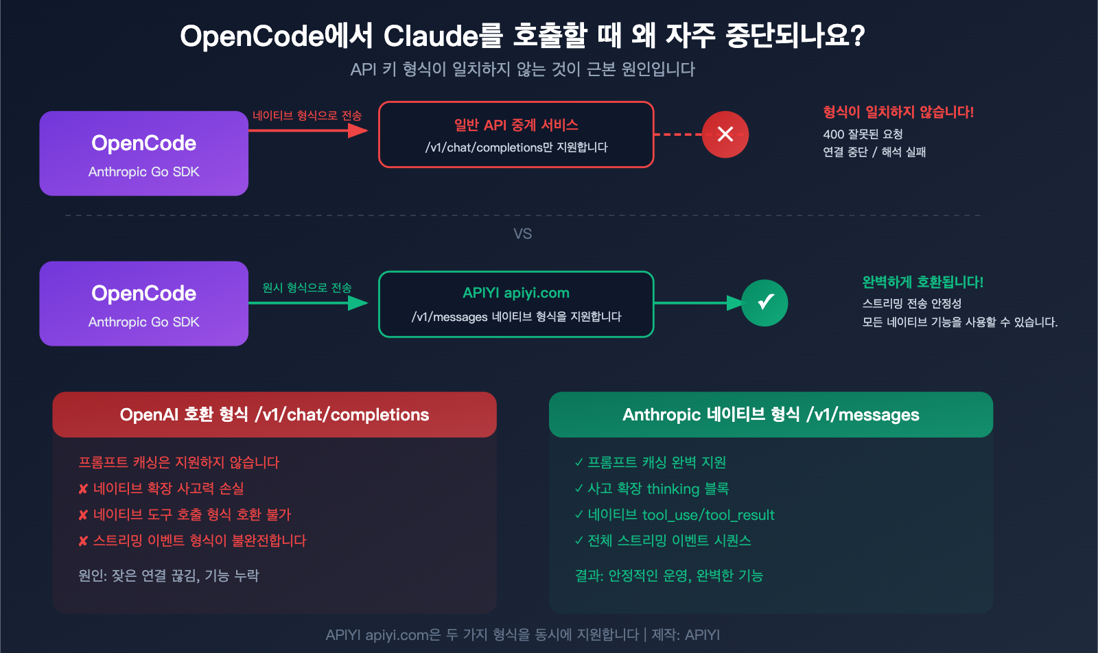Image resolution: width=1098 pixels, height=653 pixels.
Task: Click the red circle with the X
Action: pyautogui.click(x=725, y=134)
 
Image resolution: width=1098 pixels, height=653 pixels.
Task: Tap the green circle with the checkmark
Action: pyautogui.click(x=764, y=302)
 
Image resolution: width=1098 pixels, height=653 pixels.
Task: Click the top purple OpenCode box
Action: pyautogui.click(x=143, y=154)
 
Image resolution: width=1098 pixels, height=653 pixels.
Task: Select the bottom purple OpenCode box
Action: pyautogui.click(x=143, y=304)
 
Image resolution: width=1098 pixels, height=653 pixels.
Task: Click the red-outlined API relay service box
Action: pyautogui.click(x=516, y=134)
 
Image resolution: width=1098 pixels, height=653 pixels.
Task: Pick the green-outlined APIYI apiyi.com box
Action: pyautogui.click(x=516, y=304)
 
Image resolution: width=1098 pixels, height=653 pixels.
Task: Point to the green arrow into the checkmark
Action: pyautogui.click(x=697, y=302)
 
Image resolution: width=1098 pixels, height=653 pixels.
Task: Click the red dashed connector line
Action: pyautogui.click(x=677, y=134)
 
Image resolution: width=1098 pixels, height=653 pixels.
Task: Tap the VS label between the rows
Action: pyautogui.click(x=522, y=234)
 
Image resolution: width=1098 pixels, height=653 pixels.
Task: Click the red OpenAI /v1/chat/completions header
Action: pyautogui.click(x=274, y=414)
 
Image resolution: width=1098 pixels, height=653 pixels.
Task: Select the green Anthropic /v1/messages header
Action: pyautogui.click(x=771, y=414)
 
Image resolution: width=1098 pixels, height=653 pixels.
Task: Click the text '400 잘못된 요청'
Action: pyautogui.click(x=863, y=134)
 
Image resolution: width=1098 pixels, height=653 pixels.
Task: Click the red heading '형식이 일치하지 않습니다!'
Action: pyautogui.click(x=898, y=112)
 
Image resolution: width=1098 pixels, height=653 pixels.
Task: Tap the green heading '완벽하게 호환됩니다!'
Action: pyautogui.click(x=922, y=282)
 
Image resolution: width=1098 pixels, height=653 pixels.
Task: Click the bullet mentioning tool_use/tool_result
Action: pyautogui.click(x=680, y=515)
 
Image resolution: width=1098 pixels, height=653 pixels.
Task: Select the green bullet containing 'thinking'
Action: pyautogui.click(x=657, y=489)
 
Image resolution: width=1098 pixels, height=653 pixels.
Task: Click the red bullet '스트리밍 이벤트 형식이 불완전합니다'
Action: pyautogui.click(x=199, y=541)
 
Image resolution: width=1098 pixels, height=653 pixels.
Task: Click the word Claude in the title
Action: pyautogui.click(x=430, y=36)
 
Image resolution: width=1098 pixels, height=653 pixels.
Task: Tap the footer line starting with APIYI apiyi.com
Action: pyautogui.click(x=522, y=634)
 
